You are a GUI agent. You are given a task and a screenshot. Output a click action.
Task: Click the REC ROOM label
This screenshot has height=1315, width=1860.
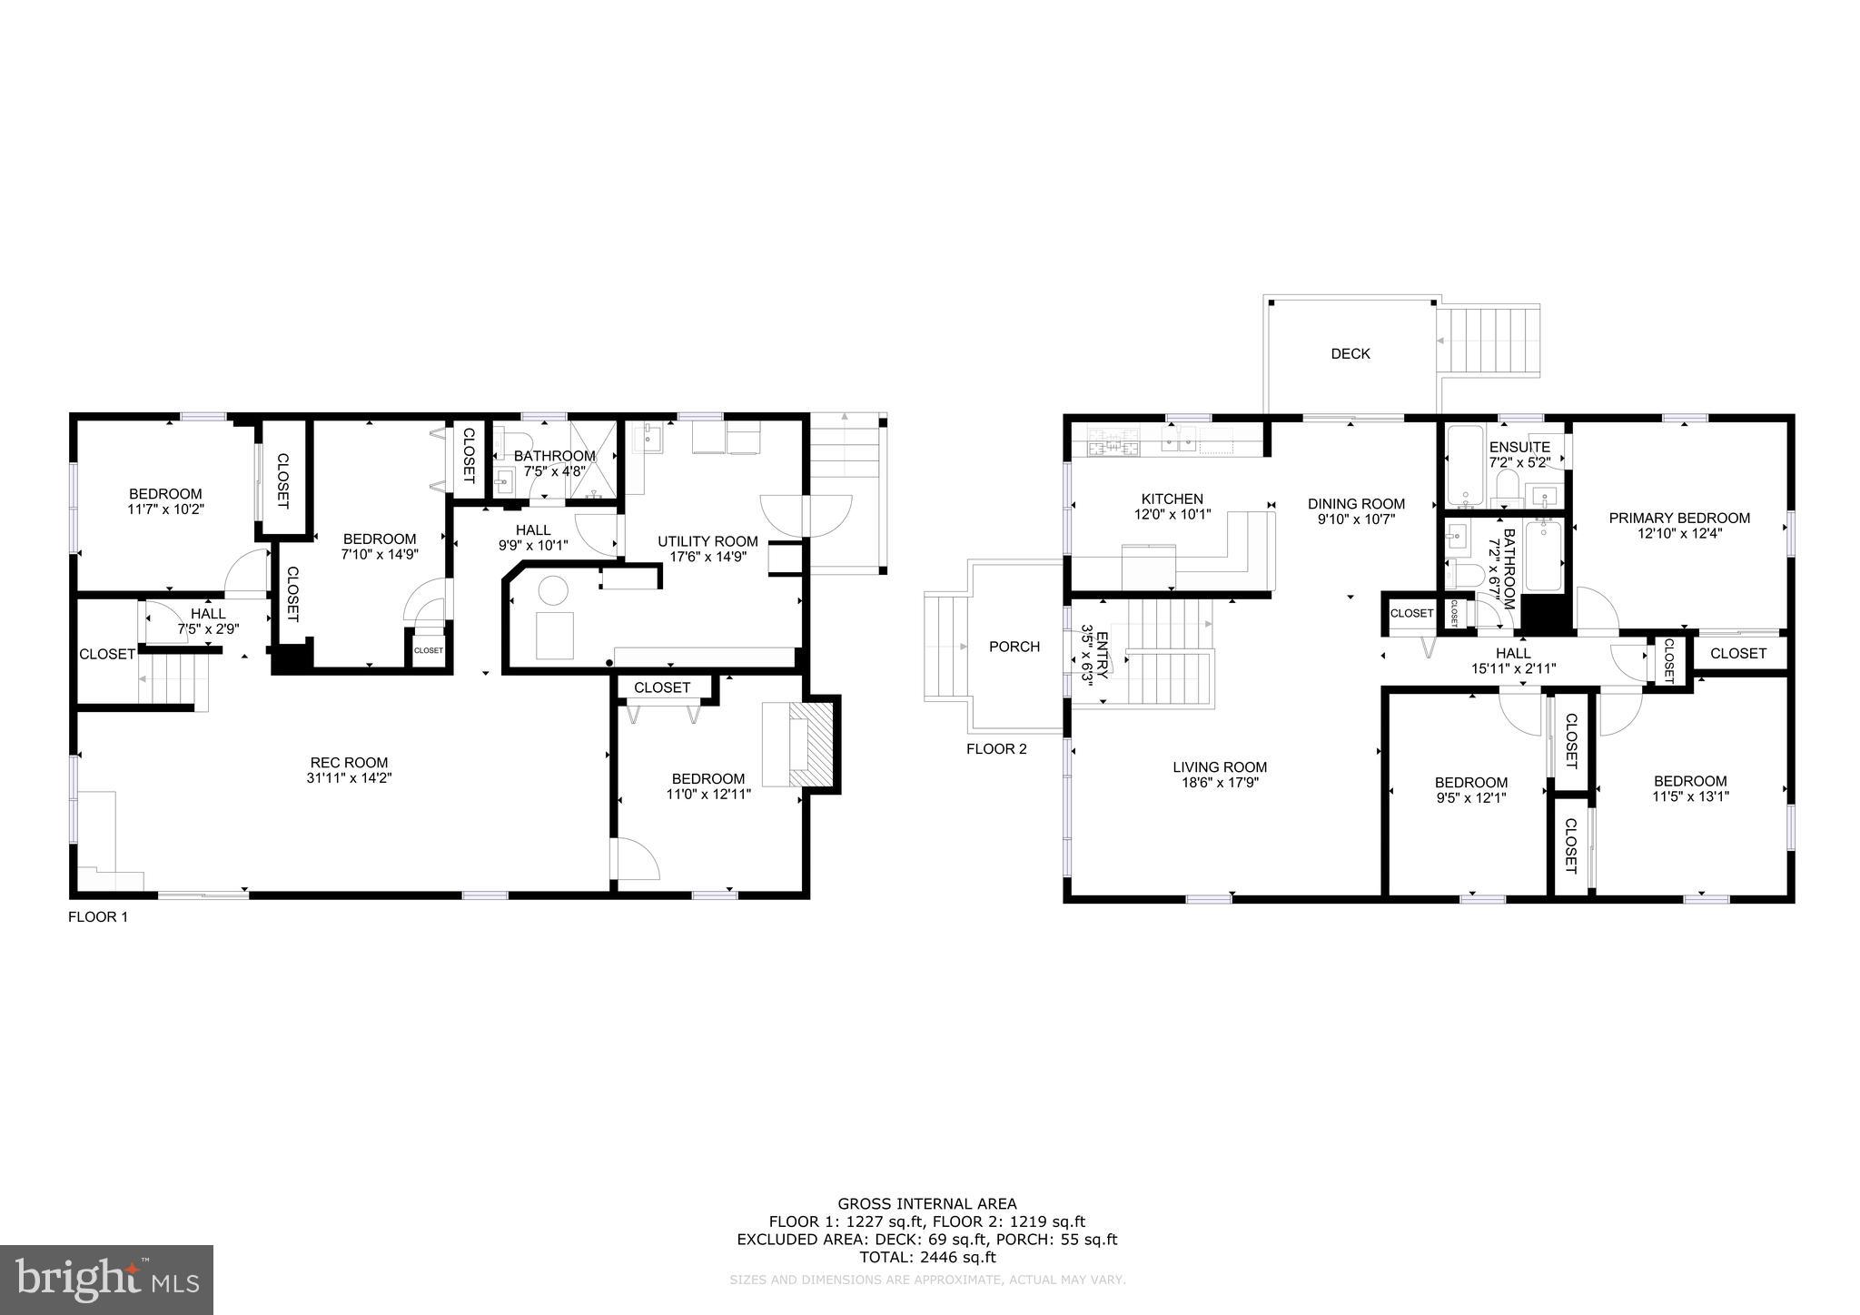[349, 763]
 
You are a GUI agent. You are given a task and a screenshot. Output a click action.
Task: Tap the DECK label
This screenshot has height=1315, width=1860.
[1350, 354]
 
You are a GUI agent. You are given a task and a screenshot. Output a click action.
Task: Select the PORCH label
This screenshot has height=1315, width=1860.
[1014, 647]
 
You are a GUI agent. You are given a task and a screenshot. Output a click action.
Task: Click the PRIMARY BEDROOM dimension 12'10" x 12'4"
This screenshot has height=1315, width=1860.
[1679, 534]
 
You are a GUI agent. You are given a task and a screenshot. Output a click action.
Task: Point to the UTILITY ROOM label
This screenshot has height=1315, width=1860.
[707, 541]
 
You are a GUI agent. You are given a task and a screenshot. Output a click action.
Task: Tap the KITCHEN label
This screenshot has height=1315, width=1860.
[1172, 499]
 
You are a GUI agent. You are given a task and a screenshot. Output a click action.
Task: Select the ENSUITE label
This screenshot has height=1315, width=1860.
[1519, 448]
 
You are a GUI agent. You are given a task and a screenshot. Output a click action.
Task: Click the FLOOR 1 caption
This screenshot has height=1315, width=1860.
[98, 917]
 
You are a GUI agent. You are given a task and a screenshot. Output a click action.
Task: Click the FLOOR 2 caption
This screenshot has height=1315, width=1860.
[996, 749]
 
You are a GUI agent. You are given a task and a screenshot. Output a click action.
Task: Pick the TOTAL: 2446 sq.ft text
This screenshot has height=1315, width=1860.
[927, 1258]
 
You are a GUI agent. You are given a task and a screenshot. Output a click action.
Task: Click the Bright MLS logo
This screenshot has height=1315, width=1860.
[106, 1280]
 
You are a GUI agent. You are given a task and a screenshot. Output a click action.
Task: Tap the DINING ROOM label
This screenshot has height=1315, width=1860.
[1356, 504]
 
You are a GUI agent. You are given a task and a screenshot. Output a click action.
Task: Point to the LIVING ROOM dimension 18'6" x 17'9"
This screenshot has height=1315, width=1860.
[1220, 782]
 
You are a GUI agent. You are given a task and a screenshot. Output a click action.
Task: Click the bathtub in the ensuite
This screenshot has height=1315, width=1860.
[1465, 467]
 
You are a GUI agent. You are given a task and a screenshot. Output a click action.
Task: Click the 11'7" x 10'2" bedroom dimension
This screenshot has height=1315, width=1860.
[165, 509]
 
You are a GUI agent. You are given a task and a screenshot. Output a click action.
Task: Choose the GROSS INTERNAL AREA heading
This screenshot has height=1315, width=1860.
[927, 1204]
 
